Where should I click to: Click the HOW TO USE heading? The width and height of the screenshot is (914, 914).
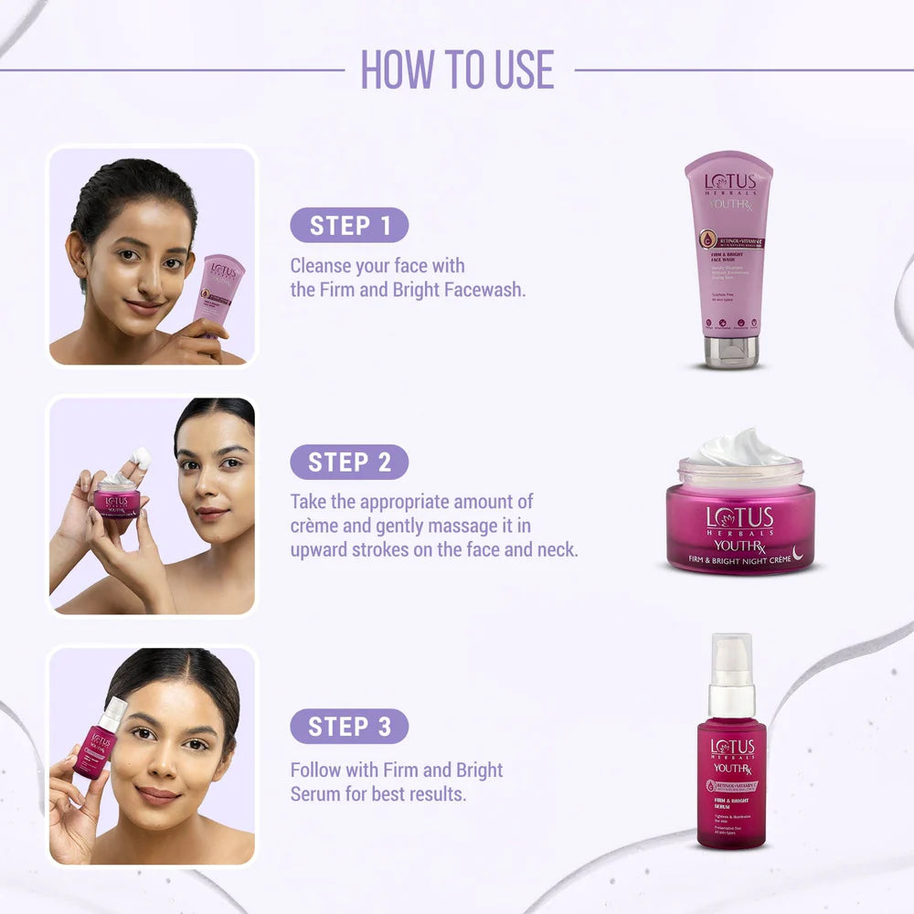[x=457, y=69]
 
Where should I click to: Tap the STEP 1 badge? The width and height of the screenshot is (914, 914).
[x=349, y=226]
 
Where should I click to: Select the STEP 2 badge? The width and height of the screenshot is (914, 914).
[x=349, y=462]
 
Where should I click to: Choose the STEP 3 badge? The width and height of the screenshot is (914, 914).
[x=349, y=727]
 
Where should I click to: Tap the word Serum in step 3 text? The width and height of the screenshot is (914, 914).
[x=315, y=793]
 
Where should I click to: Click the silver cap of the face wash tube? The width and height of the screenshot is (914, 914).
[x=730, y=351]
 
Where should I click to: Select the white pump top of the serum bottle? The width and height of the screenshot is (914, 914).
[x=731, y=663]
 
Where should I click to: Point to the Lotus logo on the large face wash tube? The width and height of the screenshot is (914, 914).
[x=729, y=181]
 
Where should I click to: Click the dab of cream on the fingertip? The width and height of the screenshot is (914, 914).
[x=142, y=457]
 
